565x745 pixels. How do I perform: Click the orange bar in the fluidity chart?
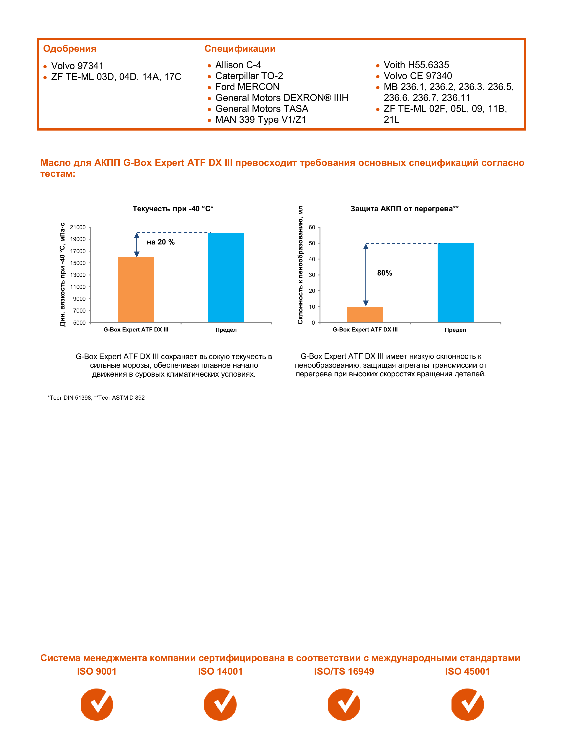click(x=136, y=290)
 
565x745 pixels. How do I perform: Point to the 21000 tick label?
click(x=78, y=227)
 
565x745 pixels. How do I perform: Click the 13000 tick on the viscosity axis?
click(x=78, y=275)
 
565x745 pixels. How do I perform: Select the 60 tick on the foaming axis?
click(x=312, y=227)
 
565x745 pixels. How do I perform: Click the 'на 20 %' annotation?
click(x=161, y=242)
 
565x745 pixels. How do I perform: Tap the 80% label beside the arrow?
click(x=384, y=273)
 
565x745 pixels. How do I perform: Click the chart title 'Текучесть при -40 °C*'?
click(x=173, y=209)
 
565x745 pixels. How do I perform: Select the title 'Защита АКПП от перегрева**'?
click(x=404, y=209)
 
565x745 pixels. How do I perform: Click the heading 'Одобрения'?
click(x=70, y=49)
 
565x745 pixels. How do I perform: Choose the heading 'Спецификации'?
click(x=240, y=49)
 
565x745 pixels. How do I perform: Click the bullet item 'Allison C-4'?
click(x=238, y=65)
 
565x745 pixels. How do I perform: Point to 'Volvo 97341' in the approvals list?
click(x=77, y=66)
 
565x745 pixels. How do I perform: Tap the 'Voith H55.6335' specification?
click(x=416, y=65)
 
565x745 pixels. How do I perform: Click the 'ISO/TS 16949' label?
click(x=344, y=671)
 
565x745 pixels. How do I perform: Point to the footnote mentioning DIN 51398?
click(x=96, y=398)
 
